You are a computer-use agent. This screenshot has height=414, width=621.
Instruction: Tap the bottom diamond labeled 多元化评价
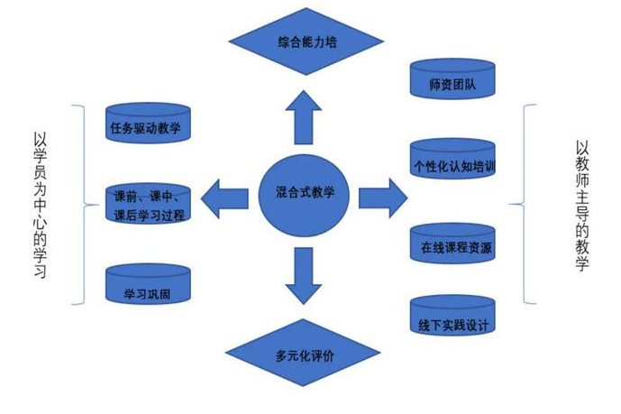(305, 354)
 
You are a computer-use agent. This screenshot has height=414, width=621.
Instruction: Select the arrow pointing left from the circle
(225, 193)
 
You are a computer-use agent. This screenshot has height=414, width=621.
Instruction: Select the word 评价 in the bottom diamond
(322, 354)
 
